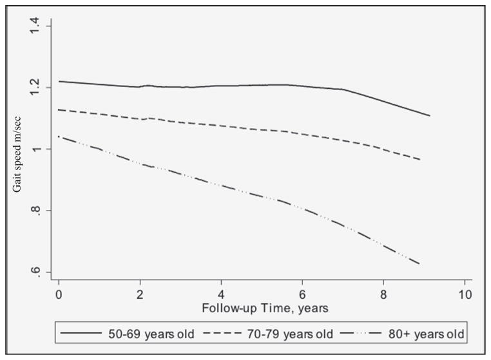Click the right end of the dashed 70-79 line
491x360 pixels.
[x=421, y=159]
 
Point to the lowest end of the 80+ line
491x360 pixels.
[x=419, y=264]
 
